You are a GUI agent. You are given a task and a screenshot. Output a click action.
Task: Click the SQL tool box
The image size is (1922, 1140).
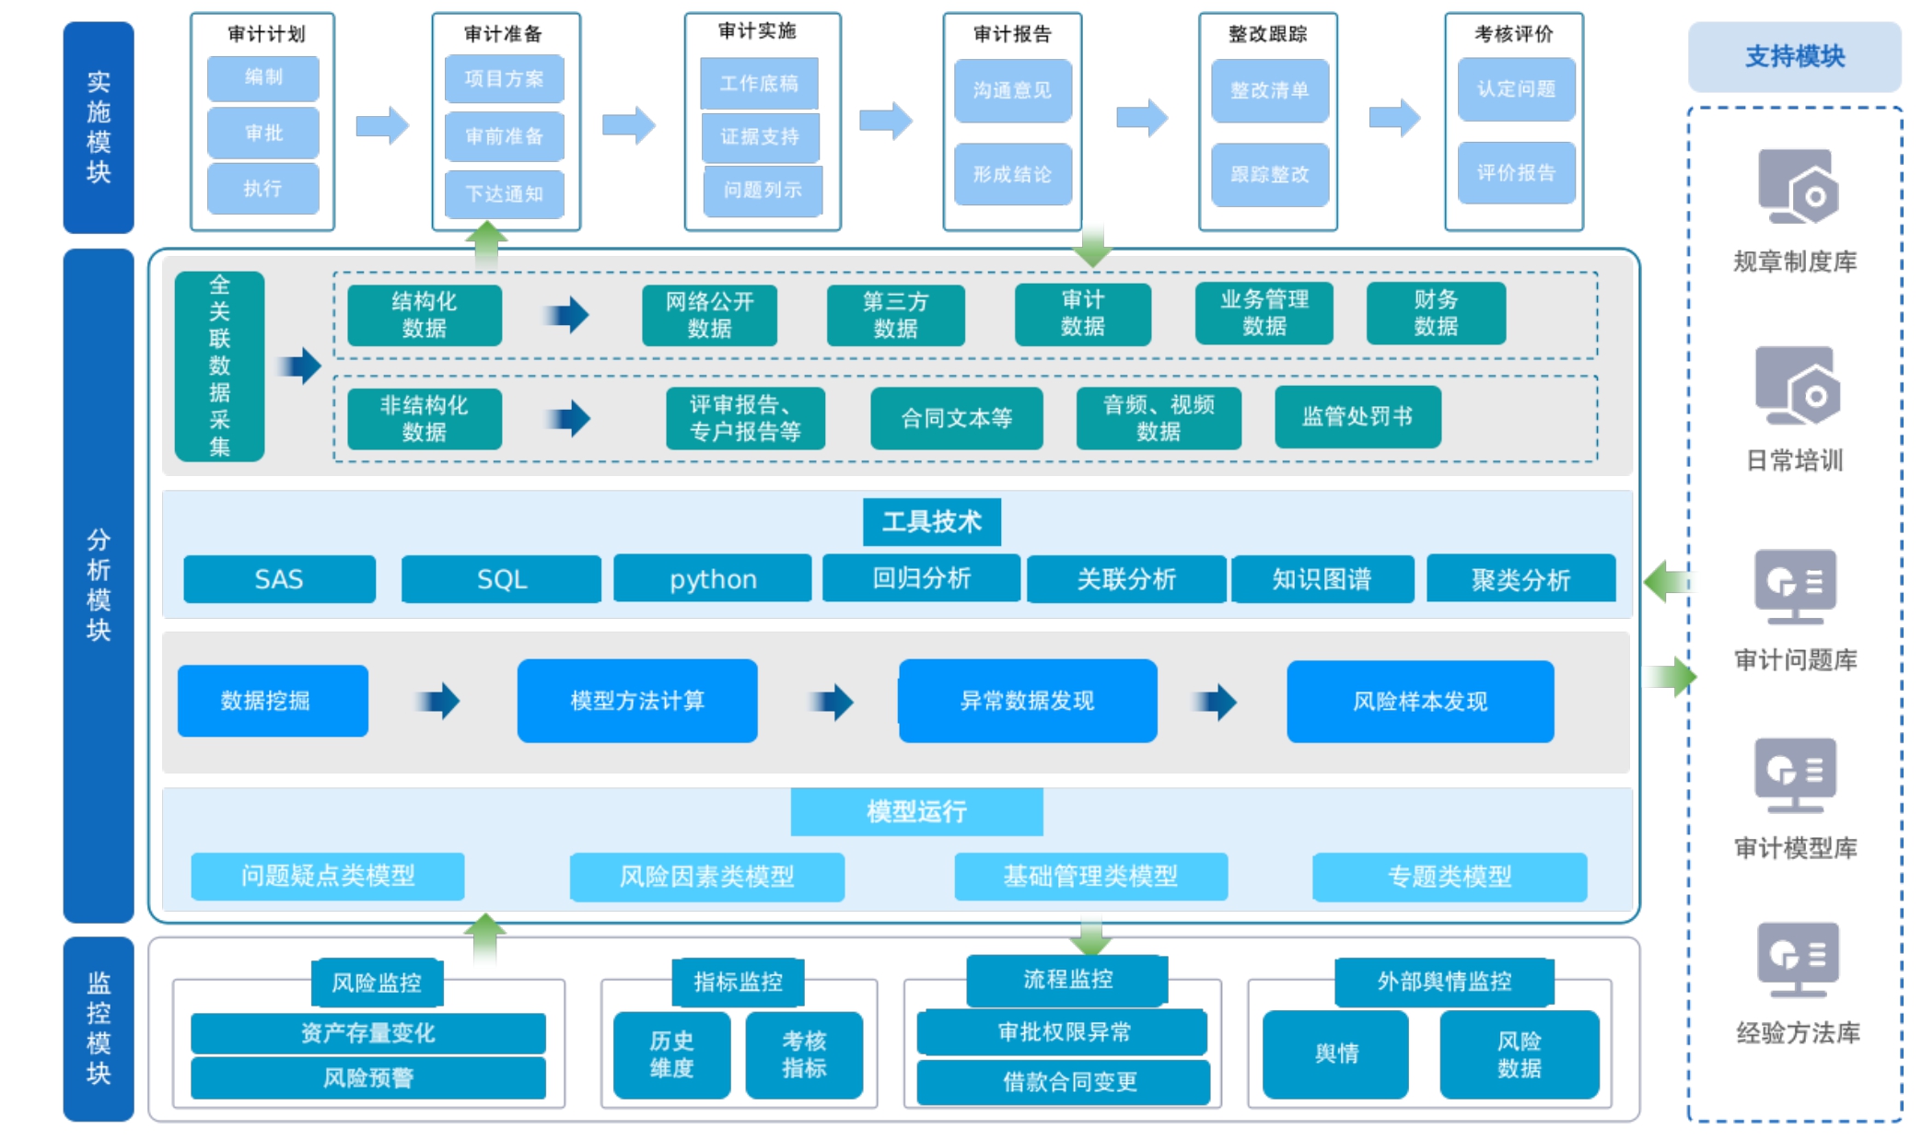point(501,579)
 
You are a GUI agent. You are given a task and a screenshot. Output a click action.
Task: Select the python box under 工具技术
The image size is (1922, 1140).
point(713,579)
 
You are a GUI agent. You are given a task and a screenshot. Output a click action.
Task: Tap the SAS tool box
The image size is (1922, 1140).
point(279,579)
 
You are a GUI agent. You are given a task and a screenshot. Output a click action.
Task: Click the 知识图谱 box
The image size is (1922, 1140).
point(1322,579)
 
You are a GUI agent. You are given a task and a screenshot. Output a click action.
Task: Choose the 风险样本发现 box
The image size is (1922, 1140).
point(1419,702)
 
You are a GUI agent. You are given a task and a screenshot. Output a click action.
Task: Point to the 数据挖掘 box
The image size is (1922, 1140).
point(273,701)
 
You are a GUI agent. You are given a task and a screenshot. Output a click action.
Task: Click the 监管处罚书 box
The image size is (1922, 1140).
point(1357,417)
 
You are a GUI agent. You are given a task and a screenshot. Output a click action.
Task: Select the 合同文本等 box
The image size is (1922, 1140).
point(956,419)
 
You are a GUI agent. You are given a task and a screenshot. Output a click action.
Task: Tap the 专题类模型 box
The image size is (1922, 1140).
point(1449,876)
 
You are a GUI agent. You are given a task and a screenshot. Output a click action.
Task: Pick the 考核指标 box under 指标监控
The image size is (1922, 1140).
point(804,1054)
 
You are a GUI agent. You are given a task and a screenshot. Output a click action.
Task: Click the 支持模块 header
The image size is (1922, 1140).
point(1794,57)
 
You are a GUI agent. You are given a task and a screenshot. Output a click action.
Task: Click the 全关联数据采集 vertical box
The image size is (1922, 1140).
point(219,366)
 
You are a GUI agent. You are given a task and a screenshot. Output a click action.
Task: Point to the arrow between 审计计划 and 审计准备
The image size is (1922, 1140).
point(382,125)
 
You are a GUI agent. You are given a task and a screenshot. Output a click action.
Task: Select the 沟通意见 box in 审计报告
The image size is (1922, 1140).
point(1012,90)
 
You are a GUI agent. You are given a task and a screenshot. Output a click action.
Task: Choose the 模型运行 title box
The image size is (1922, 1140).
point(916,811)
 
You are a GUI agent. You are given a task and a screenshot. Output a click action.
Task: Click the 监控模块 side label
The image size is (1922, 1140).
point(99,1029)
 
